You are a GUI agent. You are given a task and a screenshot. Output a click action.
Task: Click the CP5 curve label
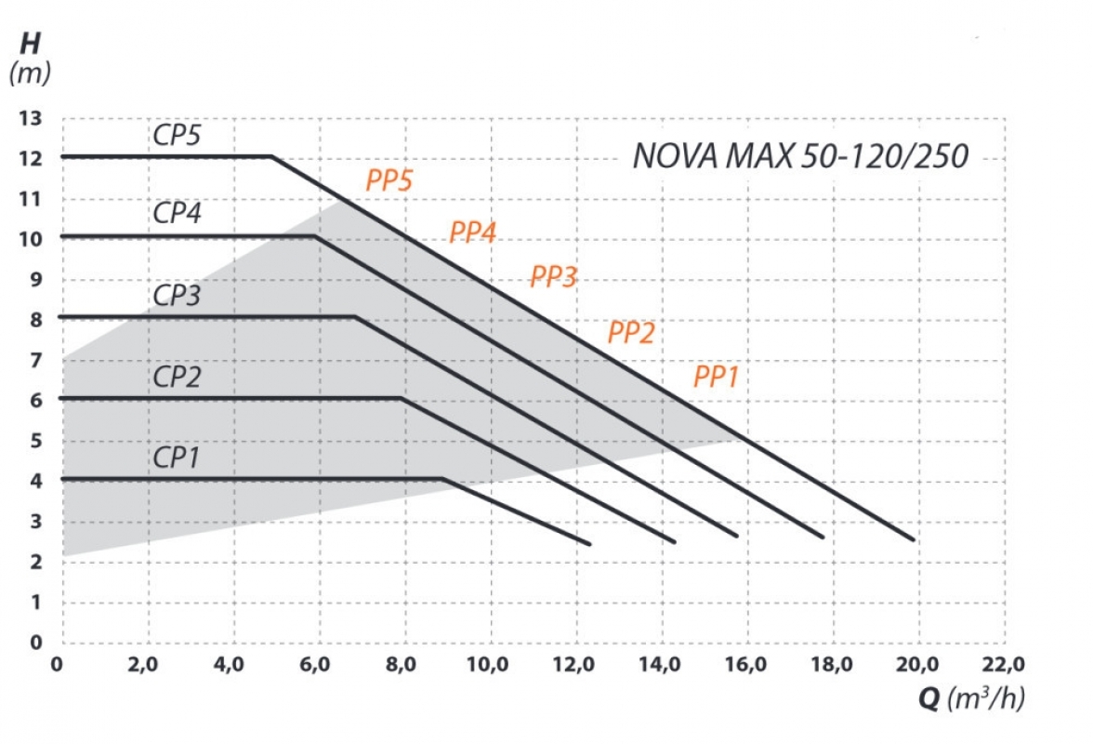point(177,135)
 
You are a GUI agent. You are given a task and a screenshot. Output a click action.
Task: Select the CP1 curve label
point(177,458)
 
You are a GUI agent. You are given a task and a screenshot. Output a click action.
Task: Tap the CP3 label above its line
point(177,296)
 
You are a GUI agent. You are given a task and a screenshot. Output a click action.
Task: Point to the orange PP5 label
point(388,181)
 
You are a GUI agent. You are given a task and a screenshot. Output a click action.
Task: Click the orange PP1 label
point(716,378)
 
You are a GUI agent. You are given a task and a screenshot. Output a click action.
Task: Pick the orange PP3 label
point(554,277)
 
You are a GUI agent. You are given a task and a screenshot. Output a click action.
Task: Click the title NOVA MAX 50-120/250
point(800,156)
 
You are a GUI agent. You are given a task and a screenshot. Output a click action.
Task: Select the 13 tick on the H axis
point(31,119)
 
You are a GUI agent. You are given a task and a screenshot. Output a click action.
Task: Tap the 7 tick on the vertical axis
point(35,360)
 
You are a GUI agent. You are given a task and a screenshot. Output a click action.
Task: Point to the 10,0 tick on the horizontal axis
point(489,665)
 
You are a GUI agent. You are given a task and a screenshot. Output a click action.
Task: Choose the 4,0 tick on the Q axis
point(229,665)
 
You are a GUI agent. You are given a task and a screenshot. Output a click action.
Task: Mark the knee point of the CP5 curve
point(271,156)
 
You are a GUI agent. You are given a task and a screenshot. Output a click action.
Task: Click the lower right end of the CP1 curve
point(588,543)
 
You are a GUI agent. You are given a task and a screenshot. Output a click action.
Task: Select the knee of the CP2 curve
point(401,398)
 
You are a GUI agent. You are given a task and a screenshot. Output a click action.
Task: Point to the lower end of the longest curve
point(912,538)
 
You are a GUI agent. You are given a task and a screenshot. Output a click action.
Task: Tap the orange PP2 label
point(631,333)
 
